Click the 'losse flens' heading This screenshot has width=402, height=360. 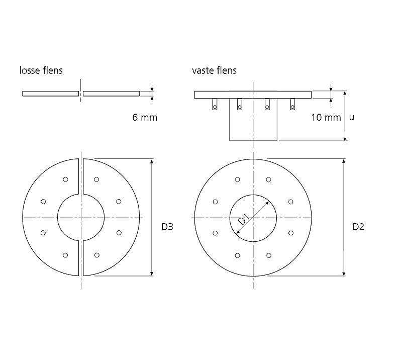41,70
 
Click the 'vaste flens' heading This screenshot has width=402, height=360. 215,70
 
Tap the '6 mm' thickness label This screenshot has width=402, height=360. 145,118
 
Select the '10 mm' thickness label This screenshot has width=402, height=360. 326,118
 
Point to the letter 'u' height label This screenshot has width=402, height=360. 351,118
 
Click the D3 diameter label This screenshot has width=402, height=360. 167,227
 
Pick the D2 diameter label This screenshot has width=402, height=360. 358,227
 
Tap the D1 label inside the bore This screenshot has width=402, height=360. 244,219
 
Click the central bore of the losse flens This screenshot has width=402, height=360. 81,217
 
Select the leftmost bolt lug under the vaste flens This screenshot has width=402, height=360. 215,104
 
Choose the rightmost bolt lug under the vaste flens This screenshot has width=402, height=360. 292,104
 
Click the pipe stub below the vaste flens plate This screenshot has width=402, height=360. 253,120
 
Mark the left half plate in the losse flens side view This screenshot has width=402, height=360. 51,94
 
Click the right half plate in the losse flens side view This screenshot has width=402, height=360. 111,94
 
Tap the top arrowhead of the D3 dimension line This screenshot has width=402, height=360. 152,161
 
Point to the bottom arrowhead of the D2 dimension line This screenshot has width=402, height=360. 344,274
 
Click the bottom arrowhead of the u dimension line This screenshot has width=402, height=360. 345,138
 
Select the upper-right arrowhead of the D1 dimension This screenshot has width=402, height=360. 267,204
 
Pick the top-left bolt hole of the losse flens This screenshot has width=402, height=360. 65,179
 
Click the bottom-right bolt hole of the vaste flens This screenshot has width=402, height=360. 269,255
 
